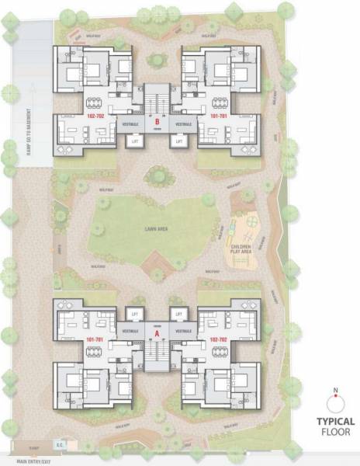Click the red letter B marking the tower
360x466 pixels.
coord(157,122)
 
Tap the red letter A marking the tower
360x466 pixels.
coord(157,333)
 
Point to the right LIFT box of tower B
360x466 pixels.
coord(178,141)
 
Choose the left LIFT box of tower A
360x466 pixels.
coord(133,313)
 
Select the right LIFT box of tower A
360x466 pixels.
coord(179,313)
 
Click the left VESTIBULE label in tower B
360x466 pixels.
coord(130,124)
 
